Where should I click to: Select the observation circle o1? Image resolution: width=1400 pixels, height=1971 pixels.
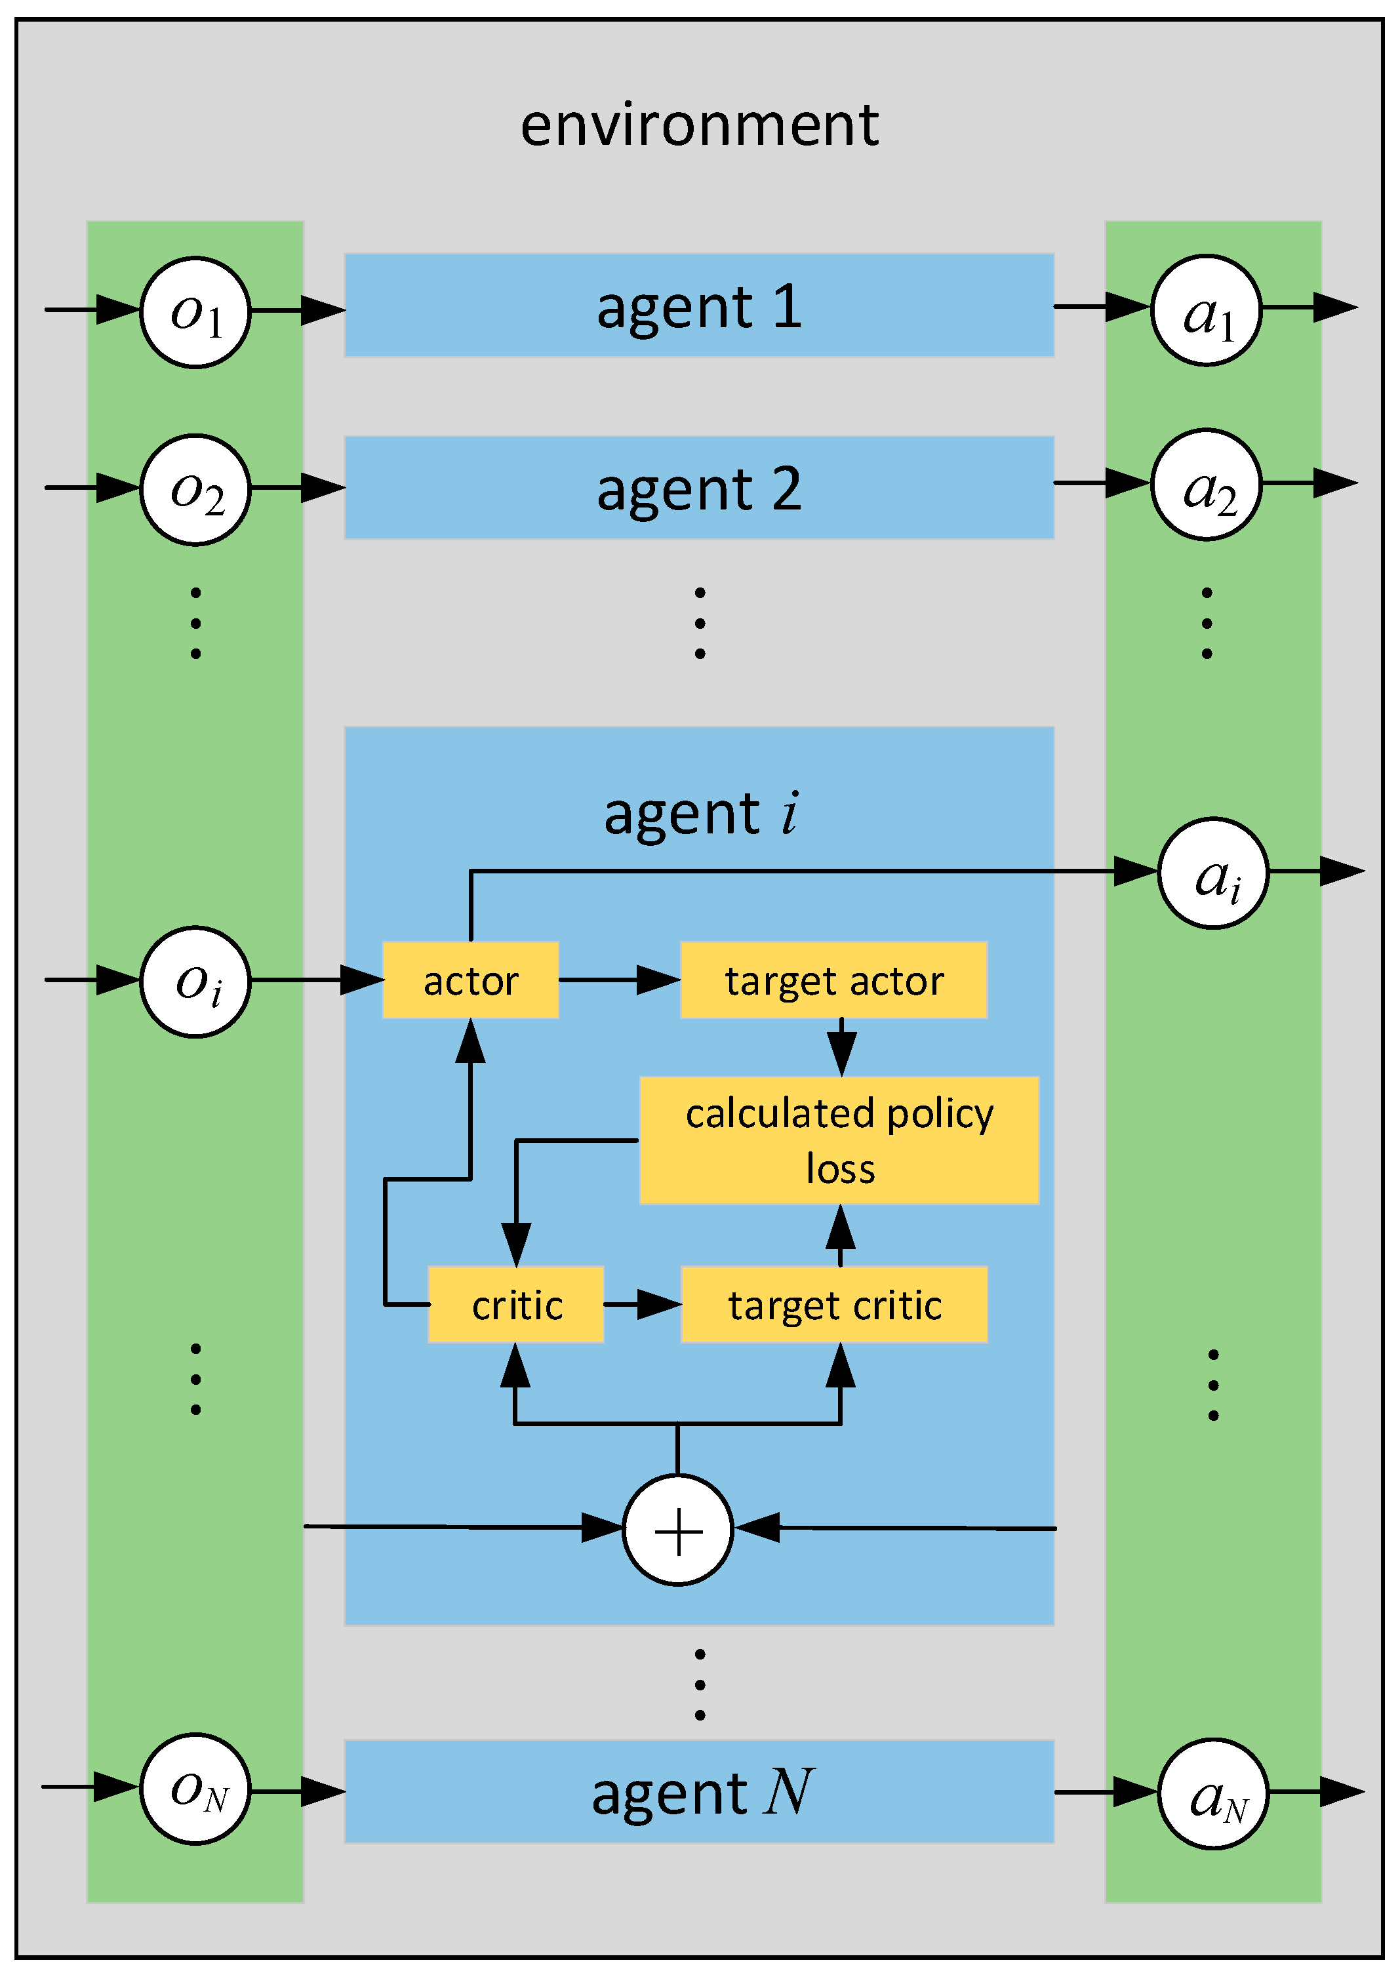(195, 312)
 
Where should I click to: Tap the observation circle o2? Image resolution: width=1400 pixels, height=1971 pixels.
(195, 490)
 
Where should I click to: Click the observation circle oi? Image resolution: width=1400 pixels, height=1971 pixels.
(195, 982)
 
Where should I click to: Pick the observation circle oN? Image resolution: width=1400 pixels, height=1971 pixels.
(195, 1789)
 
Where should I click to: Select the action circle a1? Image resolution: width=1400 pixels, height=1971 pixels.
(1206, 310)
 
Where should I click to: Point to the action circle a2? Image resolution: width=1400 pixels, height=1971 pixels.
(1206, 485)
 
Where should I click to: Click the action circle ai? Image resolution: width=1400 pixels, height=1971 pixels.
(1213, 873)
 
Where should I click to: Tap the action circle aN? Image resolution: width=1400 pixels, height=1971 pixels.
(1213, 1793)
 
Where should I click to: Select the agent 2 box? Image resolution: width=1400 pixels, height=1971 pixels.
(699, 488)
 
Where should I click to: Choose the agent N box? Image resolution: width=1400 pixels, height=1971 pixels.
(699, 1792)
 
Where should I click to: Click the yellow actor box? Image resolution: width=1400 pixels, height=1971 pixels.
(471, 980)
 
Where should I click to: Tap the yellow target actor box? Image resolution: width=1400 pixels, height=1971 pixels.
(833, 980)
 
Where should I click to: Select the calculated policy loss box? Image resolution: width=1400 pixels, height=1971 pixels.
(839, 1140)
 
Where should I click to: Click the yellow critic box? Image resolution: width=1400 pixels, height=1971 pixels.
(515, 1304)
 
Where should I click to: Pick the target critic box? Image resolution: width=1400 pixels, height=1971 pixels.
(833, 1304)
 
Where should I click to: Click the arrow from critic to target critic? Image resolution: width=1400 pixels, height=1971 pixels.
(642, 1304)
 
